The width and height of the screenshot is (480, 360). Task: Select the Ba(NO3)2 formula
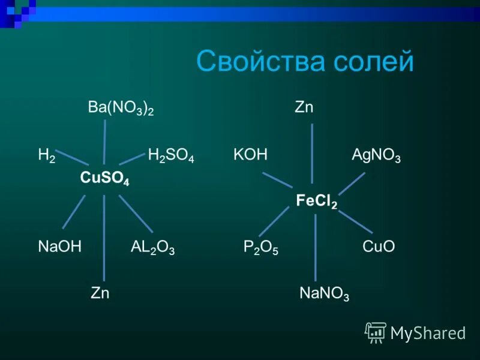click(x=121, y=109)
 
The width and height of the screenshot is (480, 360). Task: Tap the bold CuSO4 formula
click(x=104, y=178)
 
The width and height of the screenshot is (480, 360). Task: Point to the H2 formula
click(x=46, y=155)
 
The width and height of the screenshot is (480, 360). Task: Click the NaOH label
click(x=59, y=247)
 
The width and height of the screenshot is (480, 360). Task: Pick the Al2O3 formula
click(x=152, y=247)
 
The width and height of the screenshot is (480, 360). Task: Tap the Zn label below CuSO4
click(x=100, y=293)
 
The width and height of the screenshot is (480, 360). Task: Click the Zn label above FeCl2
click(x=304, y=108)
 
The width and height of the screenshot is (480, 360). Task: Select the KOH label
click(x=250, y=156)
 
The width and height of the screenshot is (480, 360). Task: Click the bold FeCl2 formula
click(x=316, y=201)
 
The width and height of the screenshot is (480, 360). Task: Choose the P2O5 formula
click(x=261, y=247)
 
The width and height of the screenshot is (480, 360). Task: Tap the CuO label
click(x=379, y=247)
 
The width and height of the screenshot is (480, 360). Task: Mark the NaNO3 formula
click(x=324, y=294)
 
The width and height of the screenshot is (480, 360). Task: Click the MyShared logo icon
click(x=376, y=332)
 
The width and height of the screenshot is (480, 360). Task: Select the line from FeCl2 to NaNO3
click(x=316, y=246)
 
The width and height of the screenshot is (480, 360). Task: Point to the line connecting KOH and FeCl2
click(x=277, y=180)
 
